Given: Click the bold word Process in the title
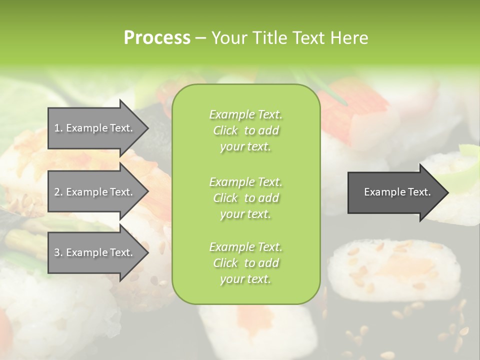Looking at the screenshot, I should (157, 38).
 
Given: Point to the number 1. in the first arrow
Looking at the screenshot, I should (58, 128).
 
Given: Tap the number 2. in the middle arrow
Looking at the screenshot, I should (58, 192).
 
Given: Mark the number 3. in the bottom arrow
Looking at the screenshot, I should (58, 252).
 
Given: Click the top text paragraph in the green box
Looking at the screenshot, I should (245, 130).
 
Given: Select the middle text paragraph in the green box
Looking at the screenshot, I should (245, 198).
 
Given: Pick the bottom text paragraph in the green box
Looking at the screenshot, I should (245, 263).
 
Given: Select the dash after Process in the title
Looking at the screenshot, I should (200, 38).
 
